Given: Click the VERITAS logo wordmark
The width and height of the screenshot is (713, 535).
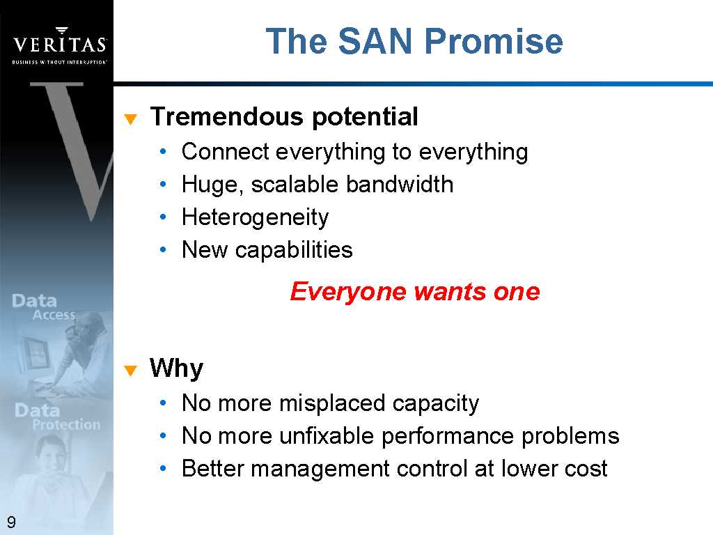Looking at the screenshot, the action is (x=60, y=44).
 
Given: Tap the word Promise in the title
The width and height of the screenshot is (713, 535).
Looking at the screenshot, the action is (x=494, y=41).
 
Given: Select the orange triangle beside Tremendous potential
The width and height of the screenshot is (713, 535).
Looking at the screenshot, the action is (x=130, y=119).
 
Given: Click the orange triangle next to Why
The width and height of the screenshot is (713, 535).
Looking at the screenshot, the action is (x=130, y=371).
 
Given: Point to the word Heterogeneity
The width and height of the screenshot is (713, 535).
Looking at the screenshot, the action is (x=255, y=218).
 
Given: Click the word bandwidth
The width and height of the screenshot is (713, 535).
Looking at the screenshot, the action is (x=400, y=184).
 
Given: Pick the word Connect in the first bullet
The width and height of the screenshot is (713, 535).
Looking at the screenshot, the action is (x=226, y=151).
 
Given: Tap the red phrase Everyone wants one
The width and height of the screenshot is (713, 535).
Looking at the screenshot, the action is (x=415, y=292).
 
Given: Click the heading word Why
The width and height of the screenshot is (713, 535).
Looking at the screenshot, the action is (x=176, y=369).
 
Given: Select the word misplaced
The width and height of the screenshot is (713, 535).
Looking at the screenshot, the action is (x=332, y=403).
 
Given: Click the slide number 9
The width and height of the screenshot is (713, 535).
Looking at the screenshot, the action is (x=11, y=522).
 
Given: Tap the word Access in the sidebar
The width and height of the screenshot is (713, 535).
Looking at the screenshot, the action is (x=54, y=315).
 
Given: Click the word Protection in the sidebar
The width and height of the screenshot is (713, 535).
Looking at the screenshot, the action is (x=66, y=424).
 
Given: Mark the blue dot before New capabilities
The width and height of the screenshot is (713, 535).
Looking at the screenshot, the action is (x=163, y=249).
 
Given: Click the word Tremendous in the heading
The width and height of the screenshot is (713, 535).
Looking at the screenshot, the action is (x=227, y=116).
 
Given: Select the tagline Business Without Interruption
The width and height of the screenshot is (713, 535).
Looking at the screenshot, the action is (x=60, y=62).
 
